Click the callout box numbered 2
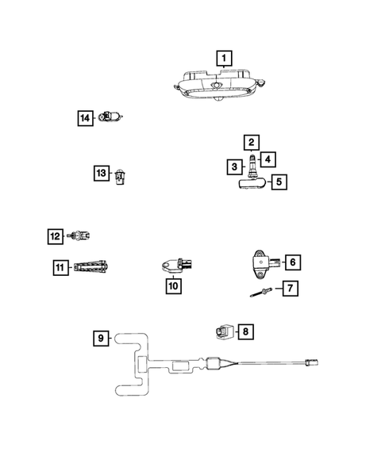pyautogui.click(x=251, y=143)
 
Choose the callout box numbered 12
pyautogui.click(x=54, y=235)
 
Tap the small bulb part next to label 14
pyautogui.click(x=110, y=117)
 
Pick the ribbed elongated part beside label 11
pyautogui.click(x=94, y=268)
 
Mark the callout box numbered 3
pyautogui.click(x=234, y=167)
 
